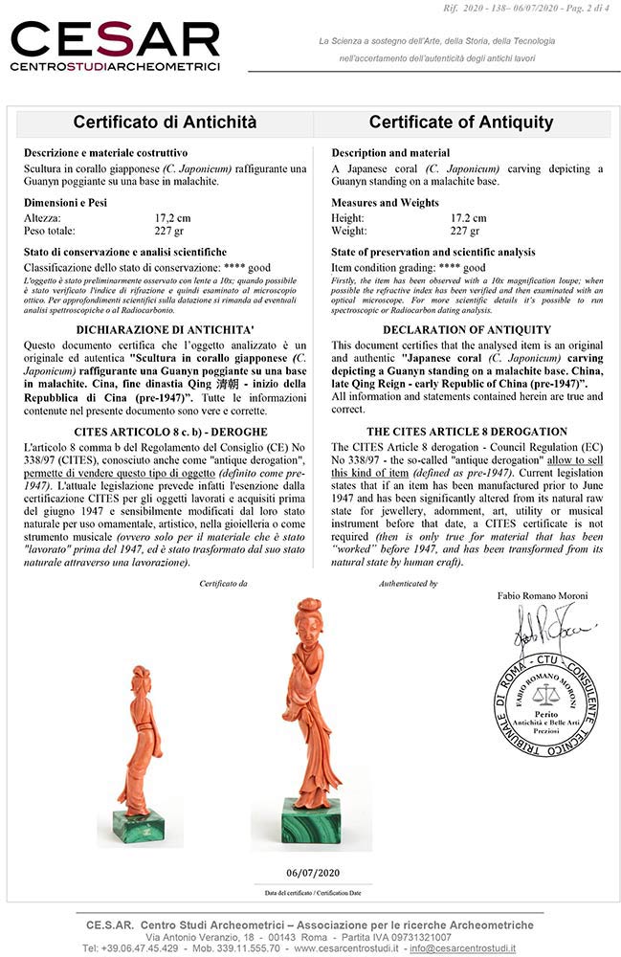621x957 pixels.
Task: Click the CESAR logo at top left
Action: tap(115, 46)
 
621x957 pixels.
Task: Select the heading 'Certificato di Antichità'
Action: tap(165, 122)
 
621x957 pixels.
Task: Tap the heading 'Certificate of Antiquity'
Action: tap(461, 122)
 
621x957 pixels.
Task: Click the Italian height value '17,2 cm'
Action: tap(175, 218)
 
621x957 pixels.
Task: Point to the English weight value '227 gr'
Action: tap(465, 231)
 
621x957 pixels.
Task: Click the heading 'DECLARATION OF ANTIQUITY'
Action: tap(462, 329)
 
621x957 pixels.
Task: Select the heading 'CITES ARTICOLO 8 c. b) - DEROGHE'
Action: tap(165, 432)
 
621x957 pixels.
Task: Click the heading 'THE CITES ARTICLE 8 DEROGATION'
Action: tap(461, 432)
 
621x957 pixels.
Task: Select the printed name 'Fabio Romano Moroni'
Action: tap(543, 596)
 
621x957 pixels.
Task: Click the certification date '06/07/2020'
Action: tap(313, 873)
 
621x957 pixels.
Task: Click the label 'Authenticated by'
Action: tap(408, 583)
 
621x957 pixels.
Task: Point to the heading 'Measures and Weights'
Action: tap(385, 203)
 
